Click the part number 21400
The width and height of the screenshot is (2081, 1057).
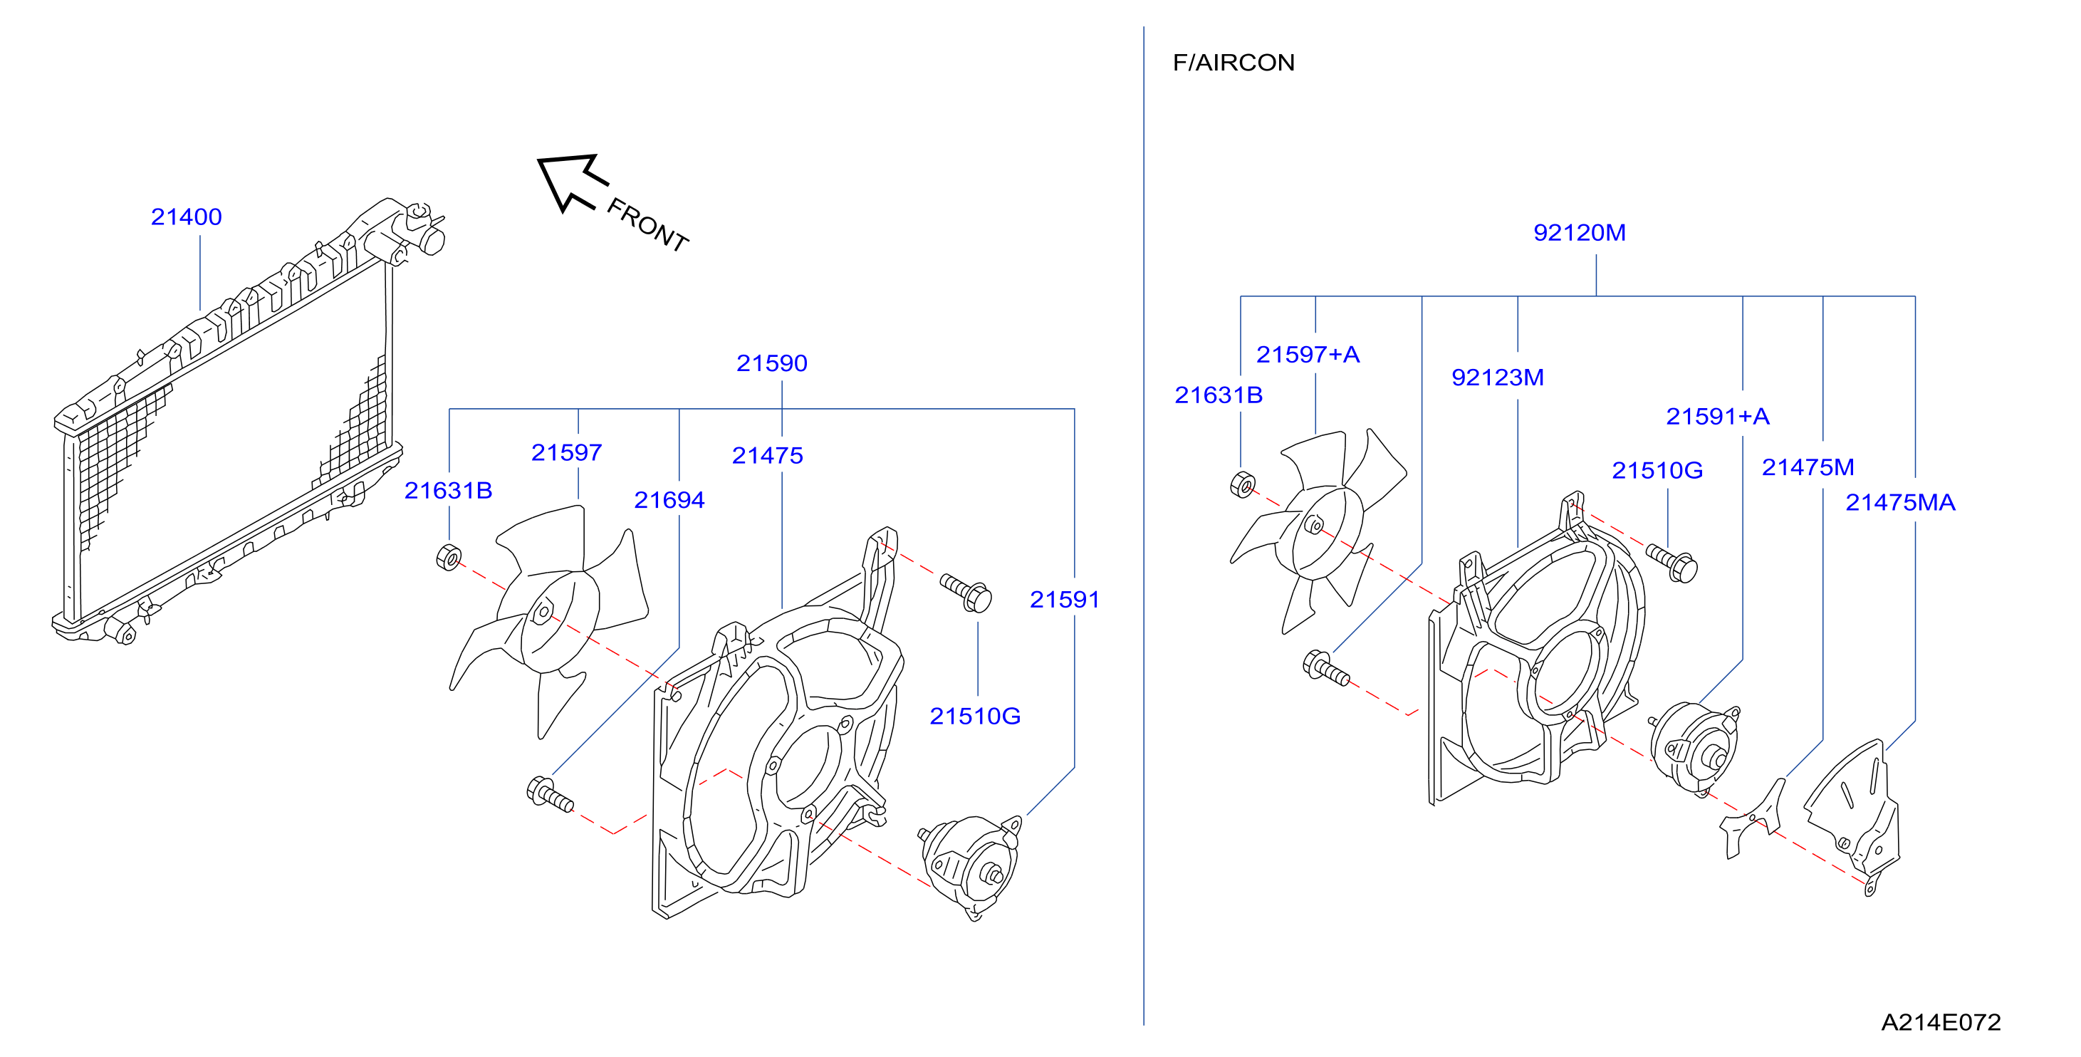[x=186, y=217]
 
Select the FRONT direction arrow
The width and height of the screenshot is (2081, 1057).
[x=573, y=182]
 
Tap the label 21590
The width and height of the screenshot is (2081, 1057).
[x=771, y=363]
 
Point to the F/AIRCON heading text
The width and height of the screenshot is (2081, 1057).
[x=1234, y=62]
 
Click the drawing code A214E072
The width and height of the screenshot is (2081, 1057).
[x=1941, y=1022]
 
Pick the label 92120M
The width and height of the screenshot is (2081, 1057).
[x=1580, y=233]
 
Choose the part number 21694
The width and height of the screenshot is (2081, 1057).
[x=669, y=500]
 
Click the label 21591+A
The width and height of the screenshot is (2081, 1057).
[x=1718, y=416]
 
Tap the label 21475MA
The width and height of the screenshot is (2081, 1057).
[x=1900, y=503]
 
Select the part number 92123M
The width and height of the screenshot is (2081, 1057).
[x=1497, y=377]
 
